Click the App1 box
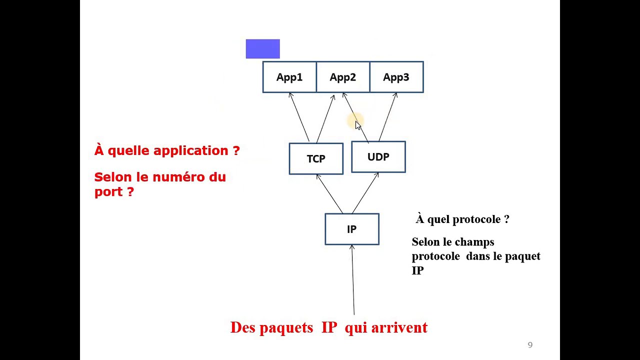click(x=289, y=77)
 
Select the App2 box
click(x=343, y=77)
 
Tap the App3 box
click(x=396, y=77)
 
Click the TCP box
click(x=316, y=159)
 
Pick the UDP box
click(x=378, y=157)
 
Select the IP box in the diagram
click(x=352, y=229)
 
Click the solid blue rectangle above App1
click(x=263, y=49)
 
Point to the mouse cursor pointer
click(x=357, y=125)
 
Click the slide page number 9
click(x=530, y=345)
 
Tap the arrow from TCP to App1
click(x=299, y=117)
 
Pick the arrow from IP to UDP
click(x=365, y=193)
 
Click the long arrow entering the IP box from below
click(x=353, y=280)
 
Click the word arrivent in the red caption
click(x=399, y=327)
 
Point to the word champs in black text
click(x=478, y=242)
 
